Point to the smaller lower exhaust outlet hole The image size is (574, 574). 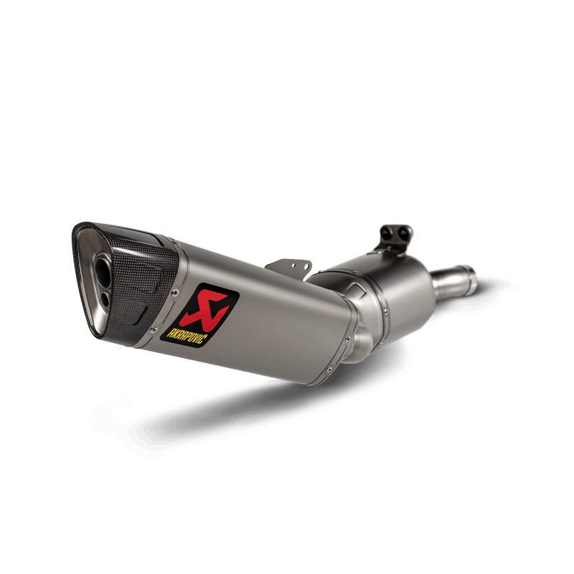pyautogui.click(x=105, y=300)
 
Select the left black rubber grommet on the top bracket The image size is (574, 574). pyautogui.click(x=386, y=232)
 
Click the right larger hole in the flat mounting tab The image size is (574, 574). pyautogui.click(x=304, y=267)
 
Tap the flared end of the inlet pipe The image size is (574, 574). pyautogui.click(x=471, y=276)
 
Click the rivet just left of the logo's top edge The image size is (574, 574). pyautogui.click(x=174, y=292)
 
